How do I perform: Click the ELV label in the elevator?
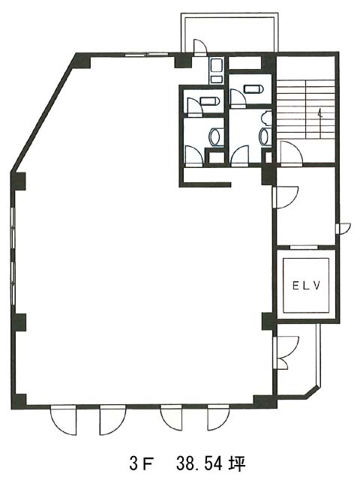307,286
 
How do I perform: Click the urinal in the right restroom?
267,118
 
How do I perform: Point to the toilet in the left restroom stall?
210,101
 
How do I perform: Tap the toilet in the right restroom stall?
253,88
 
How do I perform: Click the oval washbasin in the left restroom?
214,136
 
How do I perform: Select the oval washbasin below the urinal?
264,136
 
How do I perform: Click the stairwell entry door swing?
292,154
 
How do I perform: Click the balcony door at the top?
200,48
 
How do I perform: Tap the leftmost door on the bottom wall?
63,420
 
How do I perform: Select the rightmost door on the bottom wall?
218,418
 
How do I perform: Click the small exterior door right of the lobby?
343,229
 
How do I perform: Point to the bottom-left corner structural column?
18,401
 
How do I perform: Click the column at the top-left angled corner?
82,61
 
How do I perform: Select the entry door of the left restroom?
193,157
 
